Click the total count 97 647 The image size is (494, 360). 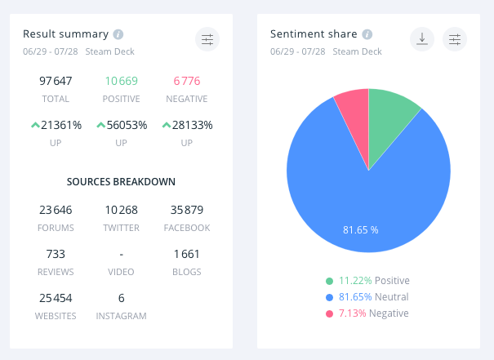click(56, 81)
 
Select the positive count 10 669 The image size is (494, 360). click(121, 81)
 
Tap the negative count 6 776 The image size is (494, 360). click(187, 81)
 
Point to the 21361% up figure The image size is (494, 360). click(56, 125)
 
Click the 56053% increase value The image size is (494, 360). click(121, 125)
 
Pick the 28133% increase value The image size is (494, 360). click(187, 125)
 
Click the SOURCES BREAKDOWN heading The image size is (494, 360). click(121, 181)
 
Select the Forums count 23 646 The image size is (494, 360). click(56, 210)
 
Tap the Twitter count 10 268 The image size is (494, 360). click(121, 210)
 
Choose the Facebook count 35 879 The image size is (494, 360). click(187, 210)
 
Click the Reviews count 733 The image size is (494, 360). click(56, 254)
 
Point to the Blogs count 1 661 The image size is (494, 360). click(187, 254)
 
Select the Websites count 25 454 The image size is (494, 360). click(56, 298)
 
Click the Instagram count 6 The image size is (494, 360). click(121, 298)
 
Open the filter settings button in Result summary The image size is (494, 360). click(207, 38)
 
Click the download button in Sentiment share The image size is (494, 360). click(422, 38)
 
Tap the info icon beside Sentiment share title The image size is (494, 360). click(367, 34)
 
